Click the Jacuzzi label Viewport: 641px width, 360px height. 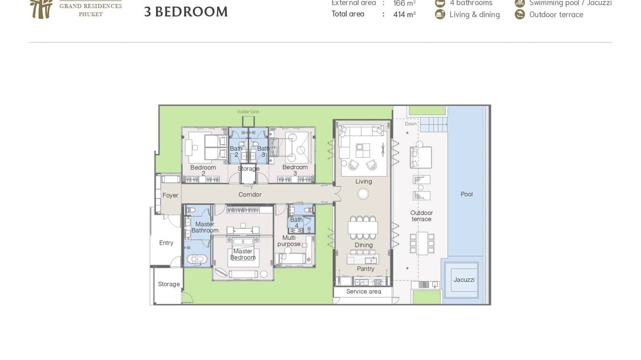(464, 280)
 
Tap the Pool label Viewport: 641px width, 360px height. (467, 194)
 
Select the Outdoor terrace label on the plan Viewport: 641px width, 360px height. (421, 216)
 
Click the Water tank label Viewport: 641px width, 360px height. (248, 112)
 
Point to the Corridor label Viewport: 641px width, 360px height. (250, 194)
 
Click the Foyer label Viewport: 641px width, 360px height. (170, 195)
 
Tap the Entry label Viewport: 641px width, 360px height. (166, 243)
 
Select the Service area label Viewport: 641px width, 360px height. (363, 291)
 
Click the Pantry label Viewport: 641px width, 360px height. (365, 269)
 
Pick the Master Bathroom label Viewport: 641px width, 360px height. (205, 227)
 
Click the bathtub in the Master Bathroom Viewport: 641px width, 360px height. (196, 260)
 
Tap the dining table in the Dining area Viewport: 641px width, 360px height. (363, 227)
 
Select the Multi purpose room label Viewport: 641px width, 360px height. (289, 241)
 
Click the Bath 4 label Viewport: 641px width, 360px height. (296, 222)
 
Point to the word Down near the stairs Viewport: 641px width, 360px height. (411, 124)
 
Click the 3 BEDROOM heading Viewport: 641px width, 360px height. (186, 12)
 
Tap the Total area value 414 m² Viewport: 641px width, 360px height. (404, 14)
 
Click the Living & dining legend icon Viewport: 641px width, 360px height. (440, 14)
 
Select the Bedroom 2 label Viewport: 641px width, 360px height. (203, 170)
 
